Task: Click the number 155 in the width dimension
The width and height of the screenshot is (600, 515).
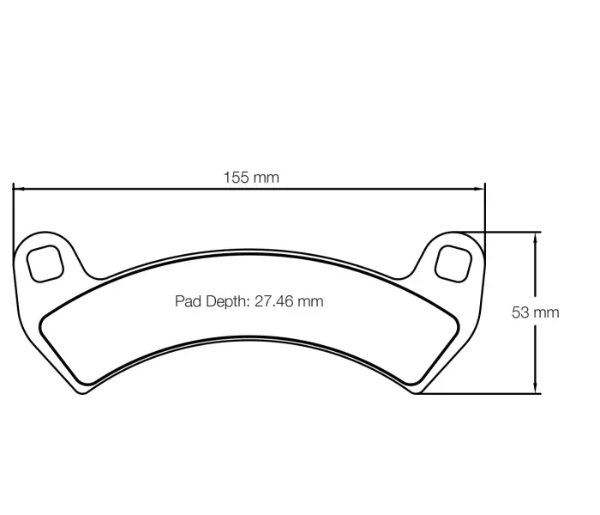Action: (237, 178)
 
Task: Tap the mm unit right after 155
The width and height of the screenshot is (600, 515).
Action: (265, 178)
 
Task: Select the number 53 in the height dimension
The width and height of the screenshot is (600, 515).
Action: (520, 312)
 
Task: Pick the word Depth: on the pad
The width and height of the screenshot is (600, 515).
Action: (226, 301)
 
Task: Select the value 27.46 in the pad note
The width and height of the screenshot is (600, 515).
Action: (274, 301)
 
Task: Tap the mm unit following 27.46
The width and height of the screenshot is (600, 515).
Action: (310, 301)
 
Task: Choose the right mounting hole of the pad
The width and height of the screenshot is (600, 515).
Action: (453, 261)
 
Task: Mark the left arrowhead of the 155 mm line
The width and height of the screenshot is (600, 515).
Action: (18, 188)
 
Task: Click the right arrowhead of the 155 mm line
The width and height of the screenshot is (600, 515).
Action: (480, 188)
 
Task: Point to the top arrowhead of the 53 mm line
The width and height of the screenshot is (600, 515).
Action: (536, 237)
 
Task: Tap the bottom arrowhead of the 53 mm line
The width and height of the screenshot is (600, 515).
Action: (536, 388)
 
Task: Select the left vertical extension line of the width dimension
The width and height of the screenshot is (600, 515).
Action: (13, 215)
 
